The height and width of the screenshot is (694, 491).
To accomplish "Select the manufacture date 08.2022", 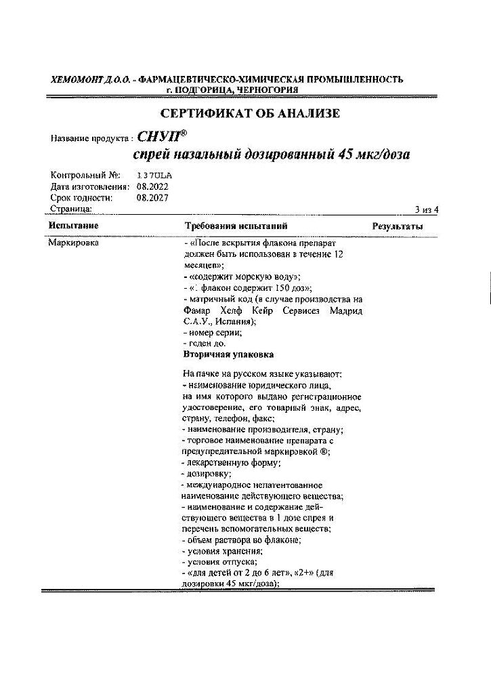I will pos(152,186).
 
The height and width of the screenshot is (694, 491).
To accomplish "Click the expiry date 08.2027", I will pos(152,198).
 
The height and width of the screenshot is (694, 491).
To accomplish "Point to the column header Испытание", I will pos(73,226).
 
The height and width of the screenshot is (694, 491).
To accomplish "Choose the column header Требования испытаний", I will pos(236,226).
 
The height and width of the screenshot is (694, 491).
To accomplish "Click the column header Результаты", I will pos(398,226).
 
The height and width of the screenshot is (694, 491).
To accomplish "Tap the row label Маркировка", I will pos(74,242).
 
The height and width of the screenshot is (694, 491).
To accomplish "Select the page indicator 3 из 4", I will pos(427,209).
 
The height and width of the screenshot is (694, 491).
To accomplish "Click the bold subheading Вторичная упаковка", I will pos(228,354).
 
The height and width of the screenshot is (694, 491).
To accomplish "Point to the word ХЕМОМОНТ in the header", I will pos(75,79).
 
